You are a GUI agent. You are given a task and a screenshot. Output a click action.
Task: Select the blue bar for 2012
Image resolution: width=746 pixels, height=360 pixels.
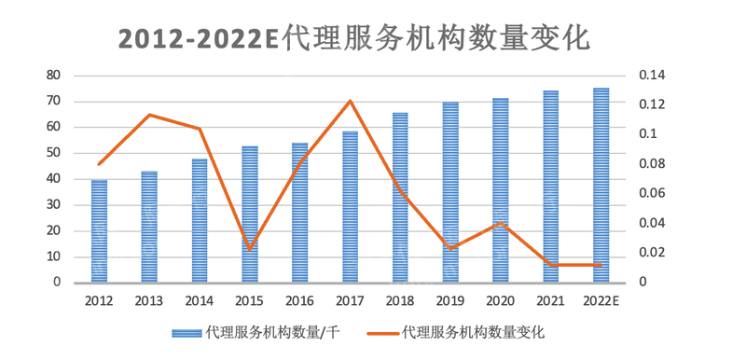tap(99, 231)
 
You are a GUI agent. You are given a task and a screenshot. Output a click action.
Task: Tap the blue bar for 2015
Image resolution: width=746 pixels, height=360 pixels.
tap(250, 215)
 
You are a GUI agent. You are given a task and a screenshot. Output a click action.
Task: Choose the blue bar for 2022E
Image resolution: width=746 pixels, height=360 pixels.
tap(601, 186)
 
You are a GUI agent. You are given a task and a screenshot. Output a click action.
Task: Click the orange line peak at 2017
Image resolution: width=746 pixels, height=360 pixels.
tap(350, 101)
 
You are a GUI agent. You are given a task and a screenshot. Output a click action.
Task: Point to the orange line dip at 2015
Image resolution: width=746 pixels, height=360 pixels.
tap(250, 249)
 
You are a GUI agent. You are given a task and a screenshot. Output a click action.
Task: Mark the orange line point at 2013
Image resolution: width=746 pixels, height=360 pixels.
tap(149, 115)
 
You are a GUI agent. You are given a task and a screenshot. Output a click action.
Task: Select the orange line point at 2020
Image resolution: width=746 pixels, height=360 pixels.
tap(501, 223)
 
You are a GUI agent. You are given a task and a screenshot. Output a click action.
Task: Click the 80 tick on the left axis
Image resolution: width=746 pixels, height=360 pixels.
tap(53, 75)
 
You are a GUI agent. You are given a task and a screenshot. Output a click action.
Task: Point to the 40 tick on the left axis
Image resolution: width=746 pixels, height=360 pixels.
tap(53, 178)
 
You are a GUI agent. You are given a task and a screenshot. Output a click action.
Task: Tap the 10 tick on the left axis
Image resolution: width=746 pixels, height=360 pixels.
tap(53, 256)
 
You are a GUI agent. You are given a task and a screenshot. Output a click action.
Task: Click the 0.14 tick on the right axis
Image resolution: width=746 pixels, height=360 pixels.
tap(650, 75)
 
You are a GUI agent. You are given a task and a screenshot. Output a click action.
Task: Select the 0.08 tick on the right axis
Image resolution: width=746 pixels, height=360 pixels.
tap(650, 164)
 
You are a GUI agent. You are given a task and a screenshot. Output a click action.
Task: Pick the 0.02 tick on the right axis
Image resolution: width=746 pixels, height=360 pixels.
tap(650, 253)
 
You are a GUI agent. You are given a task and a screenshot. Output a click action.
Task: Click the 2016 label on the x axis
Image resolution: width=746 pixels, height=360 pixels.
tap(299, 301)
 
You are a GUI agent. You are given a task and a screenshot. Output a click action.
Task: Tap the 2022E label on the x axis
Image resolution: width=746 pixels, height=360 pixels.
tap(601, 301)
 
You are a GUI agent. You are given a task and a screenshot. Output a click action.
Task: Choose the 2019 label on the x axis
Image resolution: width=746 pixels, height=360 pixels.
tap(450, 301)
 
